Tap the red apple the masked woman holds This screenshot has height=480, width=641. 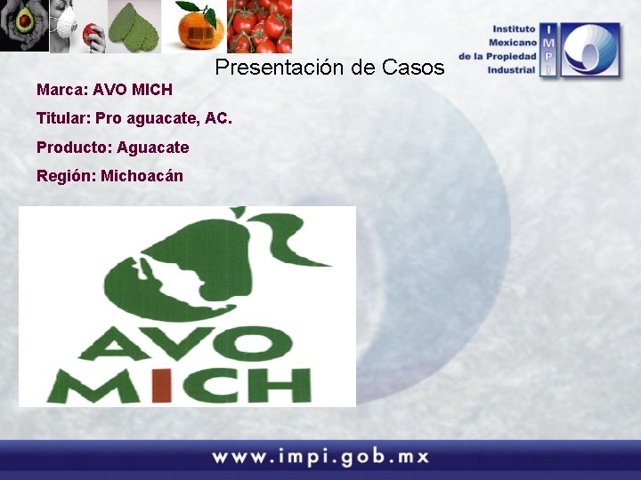point(87,36)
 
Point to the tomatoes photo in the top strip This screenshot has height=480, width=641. point(260,27)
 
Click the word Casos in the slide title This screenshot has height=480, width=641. point(413,67)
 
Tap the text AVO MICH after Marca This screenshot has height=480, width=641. point(133,90)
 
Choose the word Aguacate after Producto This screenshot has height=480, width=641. point(152,147)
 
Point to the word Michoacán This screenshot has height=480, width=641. point(142,175)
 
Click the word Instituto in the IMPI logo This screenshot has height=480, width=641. point(514,29)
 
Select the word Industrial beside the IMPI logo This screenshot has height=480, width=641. point(511,69)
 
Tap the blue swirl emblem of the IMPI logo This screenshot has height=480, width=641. point(590,51)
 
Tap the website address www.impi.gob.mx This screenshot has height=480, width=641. point(320,458)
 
